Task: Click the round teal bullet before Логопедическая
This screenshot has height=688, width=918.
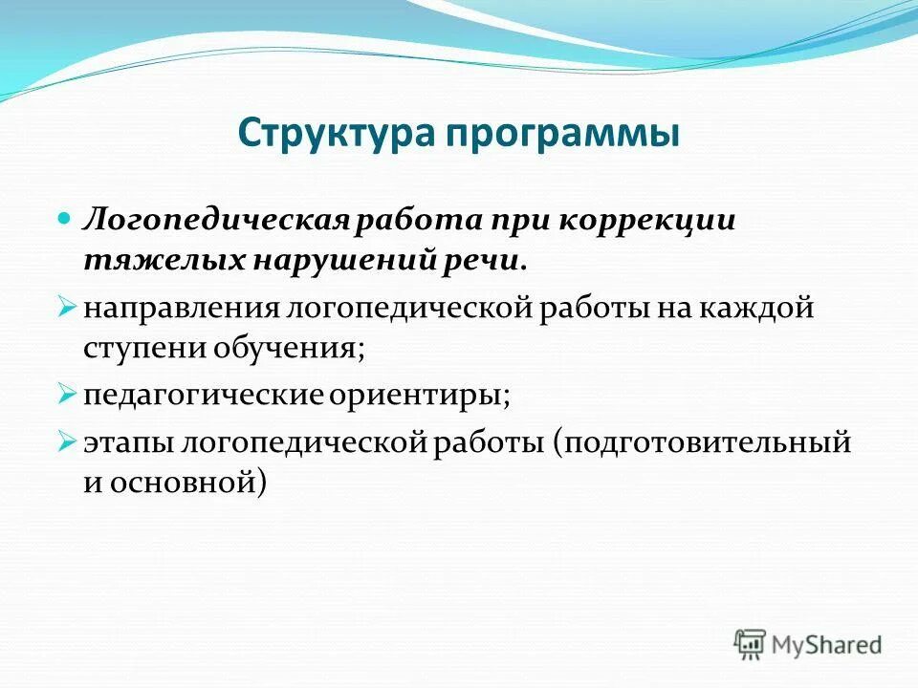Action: (x=65, y=219)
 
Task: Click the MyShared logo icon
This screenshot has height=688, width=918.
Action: (x=749, y=644)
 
